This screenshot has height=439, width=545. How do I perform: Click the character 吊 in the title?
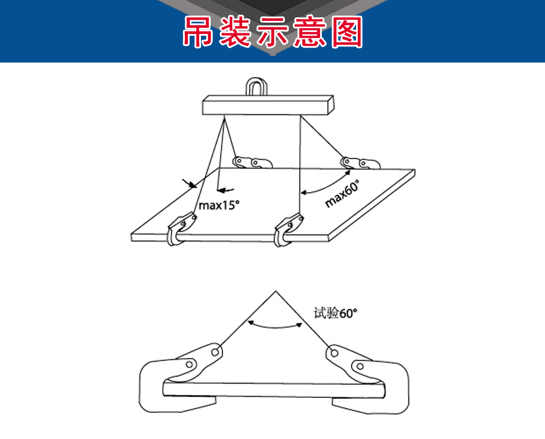pyautogui.click(x=198, y=32)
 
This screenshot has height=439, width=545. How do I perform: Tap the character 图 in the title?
pyautogui.click(x=347, y=32)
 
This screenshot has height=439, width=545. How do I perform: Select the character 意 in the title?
pyautogui.click(x=310, y=32)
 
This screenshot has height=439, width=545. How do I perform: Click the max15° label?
pyautogui.click(x=219, y=205)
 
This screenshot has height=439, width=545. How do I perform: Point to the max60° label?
pyautogui.click(x=342, y=193)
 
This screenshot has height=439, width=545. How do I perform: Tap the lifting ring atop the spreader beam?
pyautogui.click(x=256, y=86)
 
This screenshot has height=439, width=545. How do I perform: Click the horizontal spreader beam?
pyautogui.click(x=268, y=105)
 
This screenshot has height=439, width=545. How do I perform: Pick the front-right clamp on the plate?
pyautogui.click(x=288, y=229)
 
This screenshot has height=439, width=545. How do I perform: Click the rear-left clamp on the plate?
pyautogui.click(x=252, y=162)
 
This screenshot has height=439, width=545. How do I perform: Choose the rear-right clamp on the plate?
pyautogui.click(x=360, y=163)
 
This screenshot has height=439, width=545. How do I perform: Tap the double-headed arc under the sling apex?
pyautogui.click(x=274, y=326)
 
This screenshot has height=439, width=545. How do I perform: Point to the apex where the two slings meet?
pyautogui.click(x=275, y=291)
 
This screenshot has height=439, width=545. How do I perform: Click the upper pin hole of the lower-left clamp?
pyautogui.click(x=215, y=352)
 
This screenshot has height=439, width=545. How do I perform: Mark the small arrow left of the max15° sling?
pyautogui.click(x=190, y=183)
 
